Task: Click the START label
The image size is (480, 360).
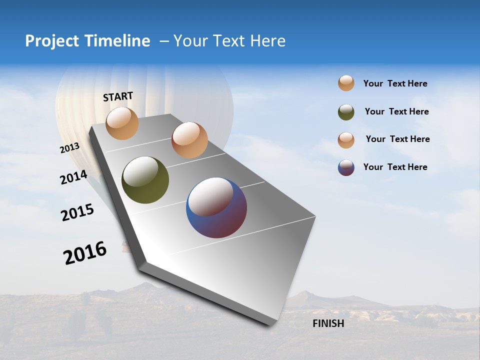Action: (x=118, y=96)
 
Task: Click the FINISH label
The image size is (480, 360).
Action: (x=328, y=323)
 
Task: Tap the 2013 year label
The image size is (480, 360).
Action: (x=69, y=148)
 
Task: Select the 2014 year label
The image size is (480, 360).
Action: (x=73, y=177)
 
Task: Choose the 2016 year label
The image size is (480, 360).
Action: (x=85, y=253)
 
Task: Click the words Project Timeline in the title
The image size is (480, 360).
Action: (x=87, y=41)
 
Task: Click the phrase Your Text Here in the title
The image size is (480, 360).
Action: (x=229, y=41)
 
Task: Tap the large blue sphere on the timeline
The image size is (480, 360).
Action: (x=216, y=207)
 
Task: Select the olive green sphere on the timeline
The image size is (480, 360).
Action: (x=145, y=180)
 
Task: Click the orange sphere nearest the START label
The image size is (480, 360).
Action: (x=122, y=123)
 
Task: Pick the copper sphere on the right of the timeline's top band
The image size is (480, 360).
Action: (x=189, y=140)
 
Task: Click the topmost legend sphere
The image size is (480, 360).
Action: (x=346, y=83)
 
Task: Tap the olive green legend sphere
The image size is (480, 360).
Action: (x=346, y=112)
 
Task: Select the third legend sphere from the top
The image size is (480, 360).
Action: (x=346, y=139)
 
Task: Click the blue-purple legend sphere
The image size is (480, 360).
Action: (x=346, y=167)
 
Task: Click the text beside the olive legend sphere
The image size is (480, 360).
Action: (x=396, y=111)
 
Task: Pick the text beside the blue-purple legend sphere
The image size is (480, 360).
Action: (x=395, y=167)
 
